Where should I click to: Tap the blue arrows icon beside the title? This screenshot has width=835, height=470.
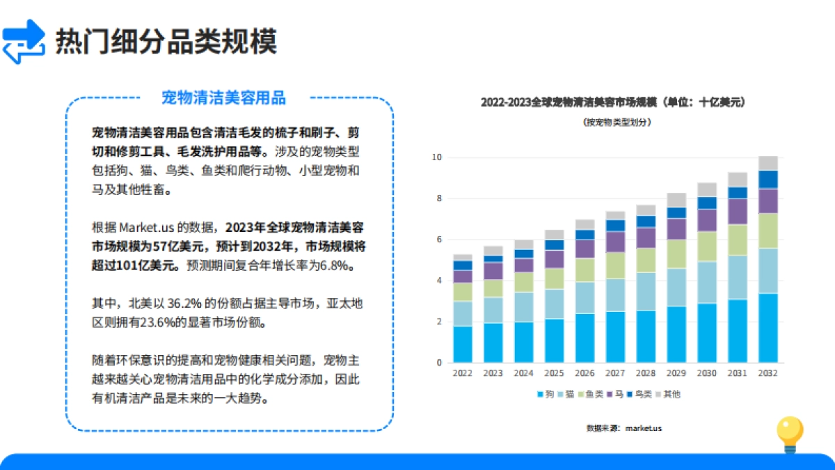coord(24,42)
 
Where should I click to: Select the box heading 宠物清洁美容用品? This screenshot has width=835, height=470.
coord(223,97)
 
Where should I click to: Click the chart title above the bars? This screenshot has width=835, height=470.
coord(613,102)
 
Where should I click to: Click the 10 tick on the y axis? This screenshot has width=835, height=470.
coord(437,157)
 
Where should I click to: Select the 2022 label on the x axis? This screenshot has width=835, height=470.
coord(462,373)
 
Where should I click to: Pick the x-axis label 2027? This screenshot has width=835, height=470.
coord(615,373)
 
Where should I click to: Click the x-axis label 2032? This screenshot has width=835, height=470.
coord(768,373)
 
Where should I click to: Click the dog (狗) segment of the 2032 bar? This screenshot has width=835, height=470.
coord(768,328)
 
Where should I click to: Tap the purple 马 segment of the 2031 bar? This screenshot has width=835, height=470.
coord(738,212)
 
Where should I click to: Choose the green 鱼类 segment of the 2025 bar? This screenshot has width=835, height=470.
coord(554,279)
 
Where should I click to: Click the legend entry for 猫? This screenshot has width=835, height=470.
coord(565,394)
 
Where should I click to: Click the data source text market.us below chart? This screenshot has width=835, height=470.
coord(624,428)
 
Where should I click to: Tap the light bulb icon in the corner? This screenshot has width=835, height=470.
coord(790,433)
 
